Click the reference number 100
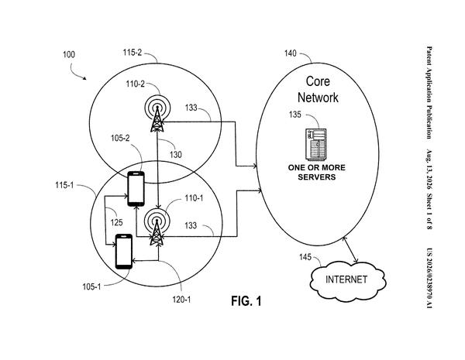[69, 54]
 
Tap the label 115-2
[133, 53]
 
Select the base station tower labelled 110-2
[157, 114]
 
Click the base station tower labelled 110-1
[157, 227]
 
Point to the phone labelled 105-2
[136, 189]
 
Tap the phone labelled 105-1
[124, 252]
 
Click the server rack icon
[316, 144]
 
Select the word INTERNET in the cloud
[346, 279]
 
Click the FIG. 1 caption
[246, 301]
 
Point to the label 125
[116, 222]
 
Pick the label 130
[176, 154]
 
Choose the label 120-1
[181, 300]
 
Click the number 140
[291, 53]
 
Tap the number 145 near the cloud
[305, 257]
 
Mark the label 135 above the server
[295, 115]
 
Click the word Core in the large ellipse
[318, 81]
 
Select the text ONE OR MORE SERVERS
[317, 172]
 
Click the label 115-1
[64, 185]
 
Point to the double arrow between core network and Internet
[350, 250]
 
